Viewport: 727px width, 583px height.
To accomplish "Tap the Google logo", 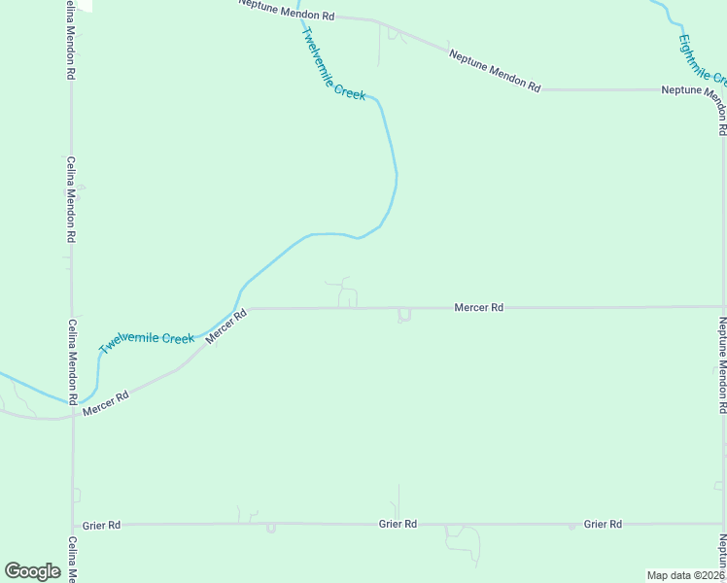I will click(x=32, y=570).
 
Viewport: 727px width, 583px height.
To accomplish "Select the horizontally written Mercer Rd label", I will click(x=478, y=307).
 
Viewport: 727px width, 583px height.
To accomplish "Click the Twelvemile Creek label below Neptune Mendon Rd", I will click(x=333, y=64).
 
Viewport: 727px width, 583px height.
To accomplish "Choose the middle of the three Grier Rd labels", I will click(x=398, y=524).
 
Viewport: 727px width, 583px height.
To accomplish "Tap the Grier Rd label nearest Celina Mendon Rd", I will click(x=101, y=525).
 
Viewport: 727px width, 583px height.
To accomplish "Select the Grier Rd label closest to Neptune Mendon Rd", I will click(x=603, y=524).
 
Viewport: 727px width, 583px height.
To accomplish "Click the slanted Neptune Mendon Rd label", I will click(x=494, y=71).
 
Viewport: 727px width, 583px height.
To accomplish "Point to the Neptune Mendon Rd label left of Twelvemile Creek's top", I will click(x=287, y=12).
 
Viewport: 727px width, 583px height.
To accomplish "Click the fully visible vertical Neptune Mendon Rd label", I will click(x=722, y=359).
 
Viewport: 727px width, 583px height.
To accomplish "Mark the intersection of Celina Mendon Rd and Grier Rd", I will click(x=73, y=525).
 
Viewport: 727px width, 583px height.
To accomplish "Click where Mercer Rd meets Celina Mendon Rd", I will click(x=72, y=416).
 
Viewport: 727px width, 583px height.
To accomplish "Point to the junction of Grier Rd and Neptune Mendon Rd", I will click(x=722, y=524).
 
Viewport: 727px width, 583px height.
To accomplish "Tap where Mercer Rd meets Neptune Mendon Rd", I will click(x=721, y=306).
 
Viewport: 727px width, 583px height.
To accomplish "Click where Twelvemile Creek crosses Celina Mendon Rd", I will click(x=72, y=401).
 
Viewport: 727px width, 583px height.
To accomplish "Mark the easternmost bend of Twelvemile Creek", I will click(x=397, y=175).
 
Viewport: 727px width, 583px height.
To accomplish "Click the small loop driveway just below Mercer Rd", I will click(x=404, y=316).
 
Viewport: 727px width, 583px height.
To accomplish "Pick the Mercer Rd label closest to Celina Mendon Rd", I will click(x=106, y=404).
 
